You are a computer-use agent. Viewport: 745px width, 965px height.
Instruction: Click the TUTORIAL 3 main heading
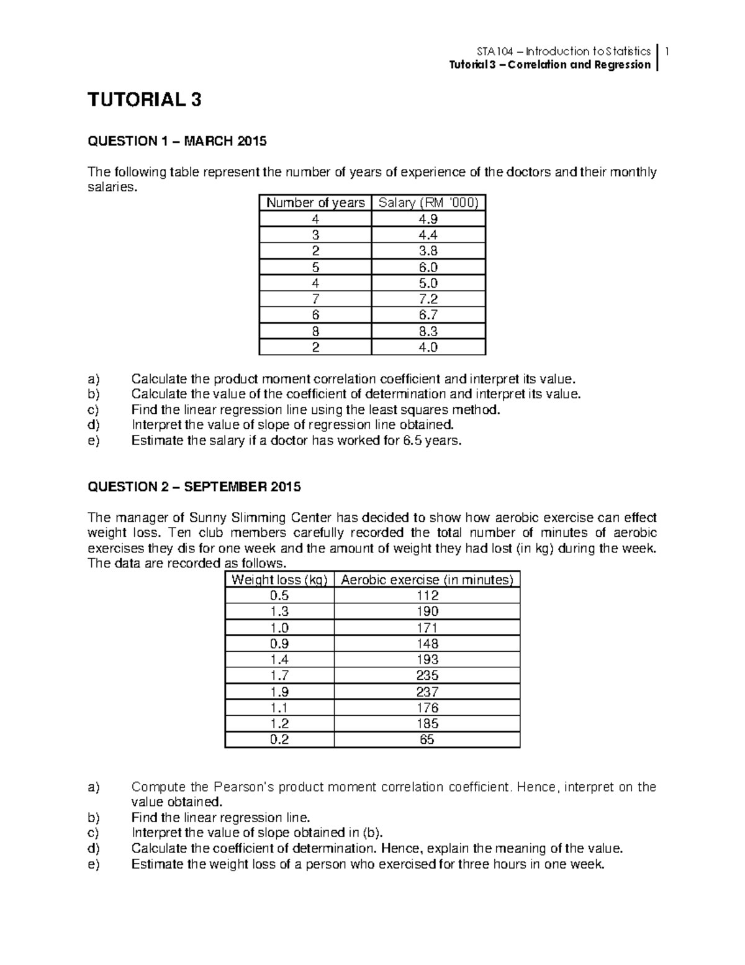tap(145, 100)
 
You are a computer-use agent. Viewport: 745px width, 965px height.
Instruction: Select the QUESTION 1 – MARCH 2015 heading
tap(177, 141)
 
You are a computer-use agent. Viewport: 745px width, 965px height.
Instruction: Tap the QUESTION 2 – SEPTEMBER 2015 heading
tap(194, 487)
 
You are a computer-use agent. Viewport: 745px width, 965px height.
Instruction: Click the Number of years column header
tap(315, 203)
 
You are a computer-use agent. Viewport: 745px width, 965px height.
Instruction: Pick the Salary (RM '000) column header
tap(428, 203)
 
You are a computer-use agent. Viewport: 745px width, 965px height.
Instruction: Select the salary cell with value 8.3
tap(428, 331)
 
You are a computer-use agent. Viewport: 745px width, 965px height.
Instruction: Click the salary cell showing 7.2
tap(428, 300)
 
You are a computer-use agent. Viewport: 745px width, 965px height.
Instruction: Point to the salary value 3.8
tap(428, 251)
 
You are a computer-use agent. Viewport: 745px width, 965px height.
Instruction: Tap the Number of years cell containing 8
tap(315, 331)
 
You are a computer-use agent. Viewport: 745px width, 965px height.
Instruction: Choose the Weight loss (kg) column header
tap(279, 580)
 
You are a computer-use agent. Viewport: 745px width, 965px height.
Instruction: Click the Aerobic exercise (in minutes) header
tap(427, 580)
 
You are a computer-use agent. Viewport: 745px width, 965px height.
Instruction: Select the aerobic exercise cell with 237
tap(427, 692)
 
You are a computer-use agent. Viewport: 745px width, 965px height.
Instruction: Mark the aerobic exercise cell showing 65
tap(427, 739)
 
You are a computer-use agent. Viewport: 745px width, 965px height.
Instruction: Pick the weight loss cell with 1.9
tap(279, 692)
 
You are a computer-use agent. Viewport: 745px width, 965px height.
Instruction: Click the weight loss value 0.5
tap(279, 595)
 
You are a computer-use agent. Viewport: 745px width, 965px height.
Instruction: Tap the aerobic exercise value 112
tap(427, 595)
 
